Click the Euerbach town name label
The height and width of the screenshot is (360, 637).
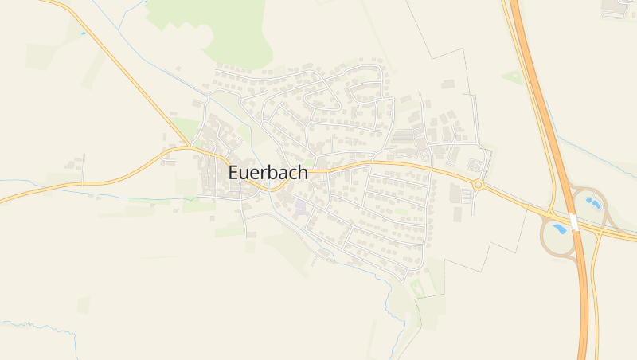(x=268, y=172)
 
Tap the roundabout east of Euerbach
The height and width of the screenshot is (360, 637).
(x=478, y=185)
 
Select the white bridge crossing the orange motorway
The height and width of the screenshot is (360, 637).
(x=573, y=221)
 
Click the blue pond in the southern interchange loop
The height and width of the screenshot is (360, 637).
(x=561, y=229)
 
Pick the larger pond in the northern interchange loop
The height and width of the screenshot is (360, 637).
(x=592, y=202)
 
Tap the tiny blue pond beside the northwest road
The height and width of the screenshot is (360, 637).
(x=83, y=33)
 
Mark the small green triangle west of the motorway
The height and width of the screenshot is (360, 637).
(x=512, y=77)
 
